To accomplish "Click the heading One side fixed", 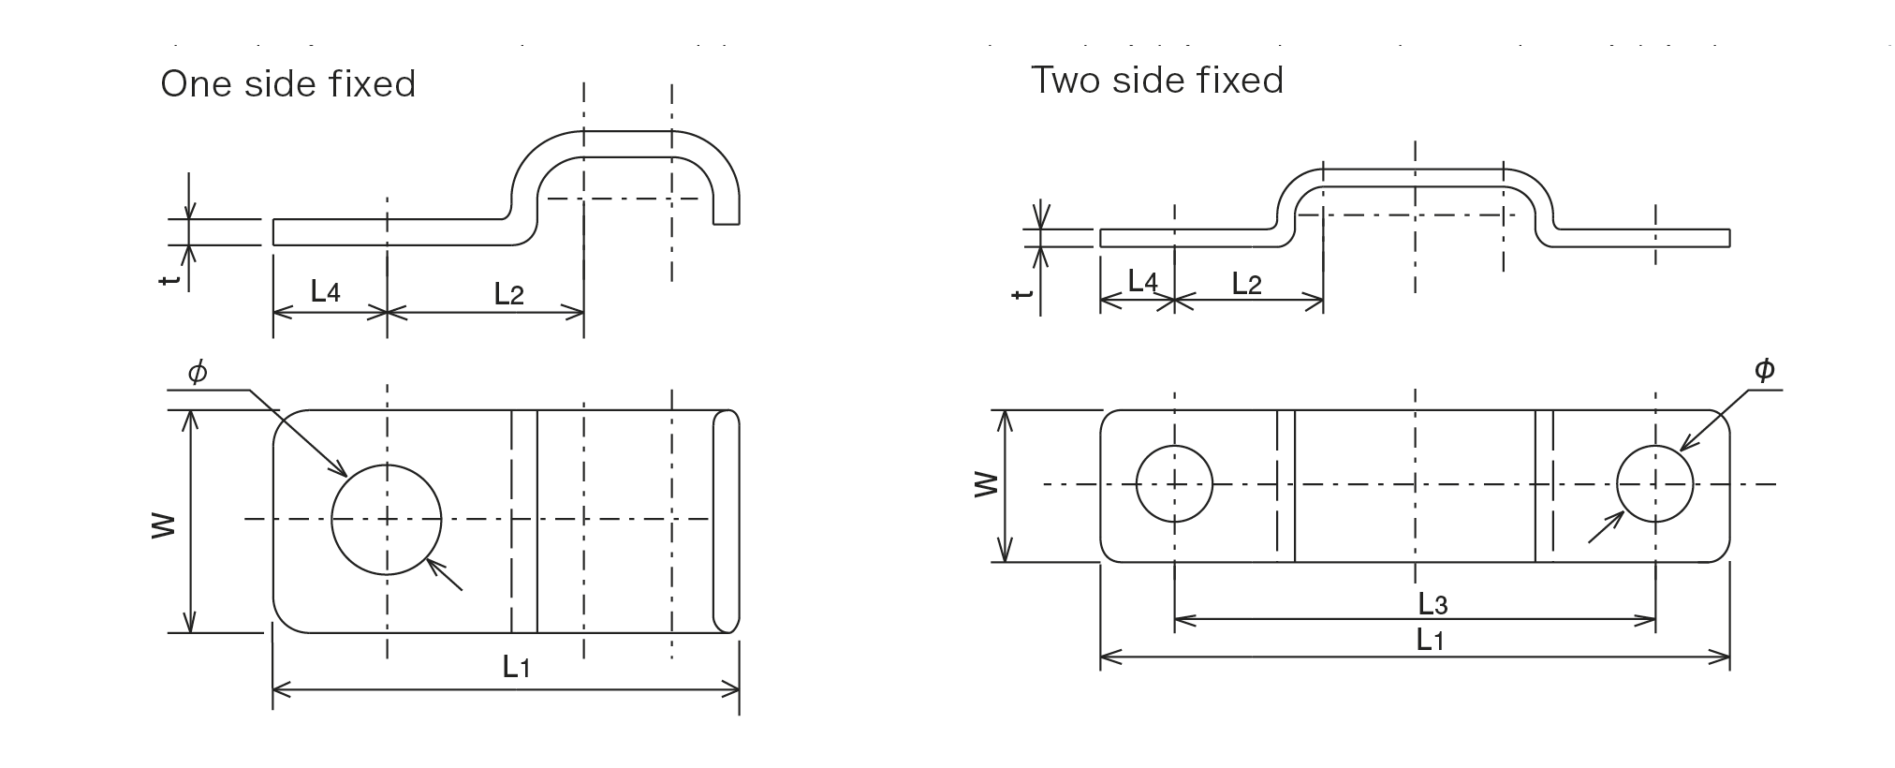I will pyautogui.click(x=287, y=84).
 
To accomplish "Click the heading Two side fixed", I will pyautogui.click(x=1156, y=81).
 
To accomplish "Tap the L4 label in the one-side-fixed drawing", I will pyautogui.click(x=325, y=291).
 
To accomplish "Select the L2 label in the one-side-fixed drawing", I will pyautogui.click(x=508, y=295).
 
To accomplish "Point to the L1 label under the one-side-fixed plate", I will pyautogui.click(x=517, y=667).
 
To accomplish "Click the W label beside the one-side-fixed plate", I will pyautogui.click(x=163, y=524).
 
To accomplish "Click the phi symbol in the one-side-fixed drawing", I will pyautogui.click(x=197, y=373).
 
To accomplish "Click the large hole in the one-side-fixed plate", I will pyautogui.click(x=386, y=519).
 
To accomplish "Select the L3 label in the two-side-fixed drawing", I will pyautogui.click(x=1432, y=604).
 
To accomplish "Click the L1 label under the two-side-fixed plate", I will pyautogui.click(x=1430, y=641).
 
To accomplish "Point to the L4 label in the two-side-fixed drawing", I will pyautogui.click(x=1142, y=281).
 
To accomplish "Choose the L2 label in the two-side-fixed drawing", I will pyautogui.click(x=1246, y=284).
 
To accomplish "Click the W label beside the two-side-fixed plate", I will pyautogui.click(x=986, y=484).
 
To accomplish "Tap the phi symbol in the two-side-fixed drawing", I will pyautogui.click(x=1764, y=371).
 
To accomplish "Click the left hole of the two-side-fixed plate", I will pyautogui.click(x=1174, y=484).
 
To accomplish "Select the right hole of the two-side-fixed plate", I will pyautogui.click(x=1654, y=484).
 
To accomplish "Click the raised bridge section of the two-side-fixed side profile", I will pyautogui.click(x=1414, y=178).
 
